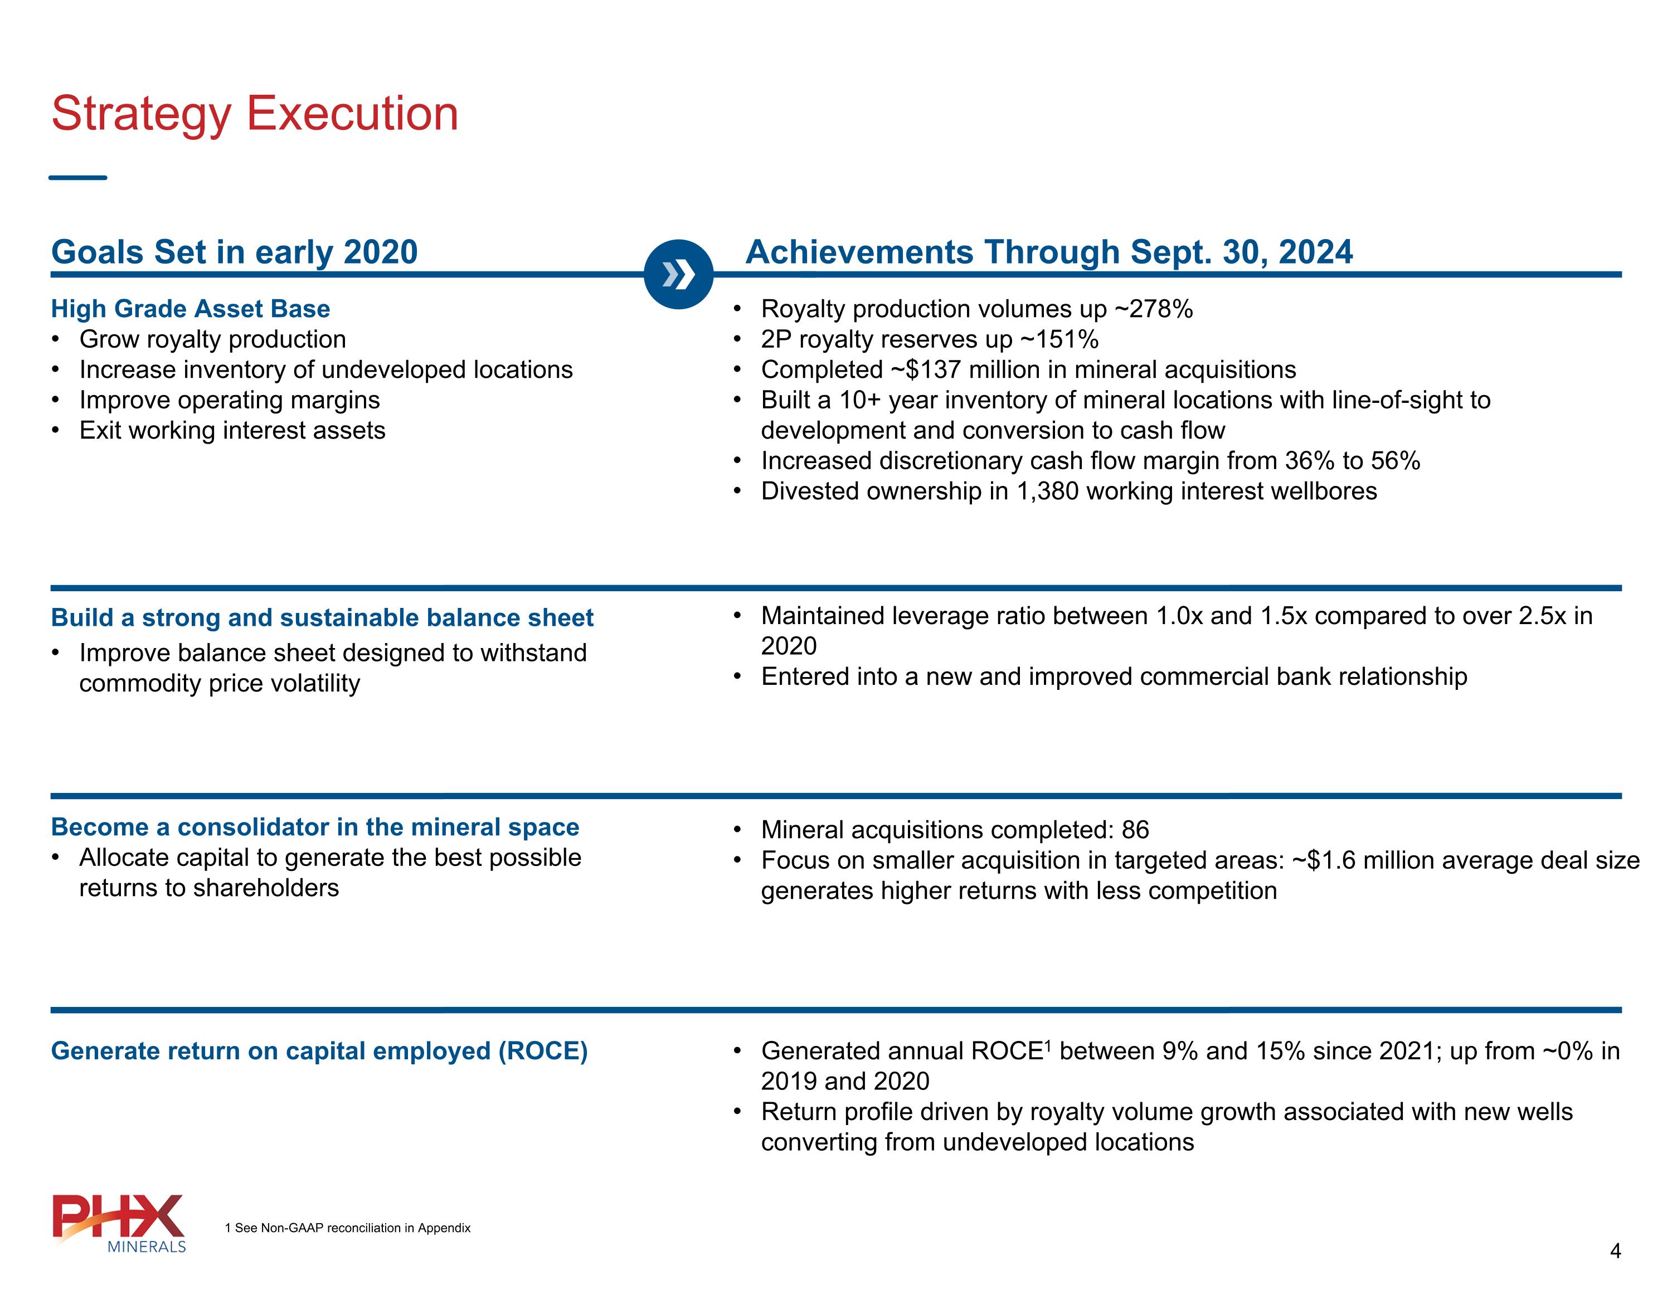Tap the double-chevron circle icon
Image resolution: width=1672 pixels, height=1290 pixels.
point(678,274)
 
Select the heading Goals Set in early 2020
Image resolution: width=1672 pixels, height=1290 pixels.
point(234,252)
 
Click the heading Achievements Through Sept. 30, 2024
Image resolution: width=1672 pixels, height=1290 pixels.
point(1049,252)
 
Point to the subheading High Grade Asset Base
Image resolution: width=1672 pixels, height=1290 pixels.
point(191,309)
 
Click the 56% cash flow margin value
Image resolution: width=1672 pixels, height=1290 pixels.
point(1396,461)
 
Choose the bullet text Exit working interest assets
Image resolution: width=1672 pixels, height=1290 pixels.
point(232,430)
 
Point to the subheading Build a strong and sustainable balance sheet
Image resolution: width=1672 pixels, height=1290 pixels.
point(322,617)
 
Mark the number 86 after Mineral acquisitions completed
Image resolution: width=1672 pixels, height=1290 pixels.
point(1135,829)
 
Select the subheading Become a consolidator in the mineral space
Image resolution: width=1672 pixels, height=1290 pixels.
point(315,827)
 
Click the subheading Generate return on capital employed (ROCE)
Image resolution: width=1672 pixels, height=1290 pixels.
point(319,1050)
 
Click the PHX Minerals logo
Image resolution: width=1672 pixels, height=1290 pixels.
point(119,1223)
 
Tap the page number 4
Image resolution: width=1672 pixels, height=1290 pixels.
point(1615,1251)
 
